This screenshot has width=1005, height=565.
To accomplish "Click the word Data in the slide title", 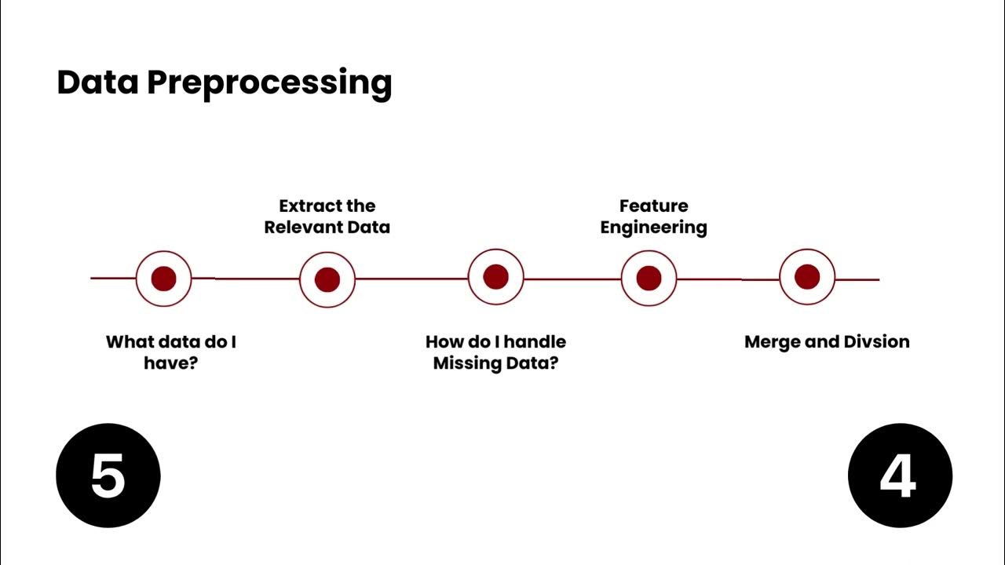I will pos(97,82).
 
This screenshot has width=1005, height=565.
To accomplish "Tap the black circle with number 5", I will pos(108,476).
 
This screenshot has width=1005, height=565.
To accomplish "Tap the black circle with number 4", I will pos(900,476).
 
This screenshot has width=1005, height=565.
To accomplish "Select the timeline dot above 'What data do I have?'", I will pos(163,279).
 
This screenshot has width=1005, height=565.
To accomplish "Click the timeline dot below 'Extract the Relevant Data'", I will pos(327,279).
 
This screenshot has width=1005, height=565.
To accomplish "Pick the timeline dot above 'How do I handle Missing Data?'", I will pos(495,276).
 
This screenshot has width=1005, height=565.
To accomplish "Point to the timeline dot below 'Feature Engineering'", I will pos(649,278).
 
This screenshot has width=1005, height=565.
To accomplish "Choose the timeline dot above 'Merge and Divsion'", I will pos(807,276).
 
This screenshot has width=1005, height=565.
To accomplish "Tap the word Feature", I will pos(653,206).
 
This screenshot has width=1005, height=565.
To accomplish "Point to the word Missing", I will pos(466,363).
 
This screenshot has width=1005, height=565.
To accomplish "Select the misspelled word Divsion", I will pos(876,342).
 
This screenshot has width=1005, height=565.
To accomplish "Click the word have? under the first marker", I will pos(170,363).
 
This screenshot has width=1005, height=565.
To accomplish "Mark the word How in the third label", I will pos(444,342).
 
